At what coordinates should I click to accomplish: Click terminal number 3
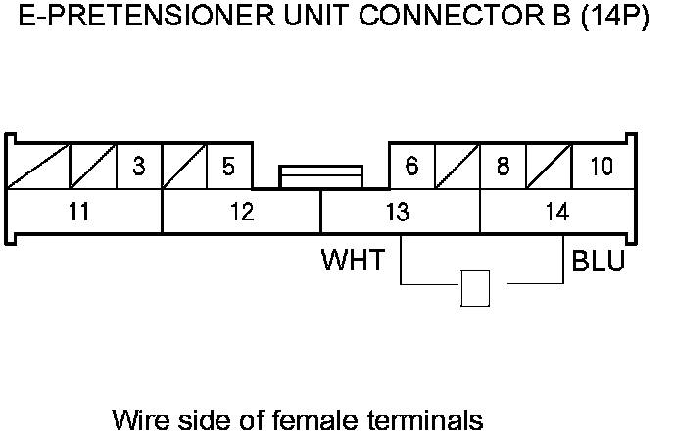click(139, 167)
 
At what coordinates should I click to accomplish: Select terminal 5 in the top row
click(228, 167)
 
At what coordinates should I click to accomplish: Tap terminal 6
click(411, 167)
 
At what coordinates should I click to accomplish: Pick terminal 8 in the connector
click(503, 167)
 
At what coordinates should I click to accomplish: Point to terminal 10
click(602, 167)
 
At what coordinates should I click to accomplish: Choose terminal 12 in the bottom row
click(241, 212)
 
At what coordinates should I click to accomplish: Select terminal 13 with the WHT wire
click(398, 212)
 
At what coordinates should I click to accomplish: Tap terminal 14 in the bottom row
click(556, 212)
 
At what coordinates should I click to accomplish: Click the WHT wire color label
click(354, 263)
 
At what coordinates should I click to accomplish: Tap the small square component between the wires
click(475, 288)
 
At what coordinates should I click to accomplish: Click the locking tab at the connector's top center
click(320, 176)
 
